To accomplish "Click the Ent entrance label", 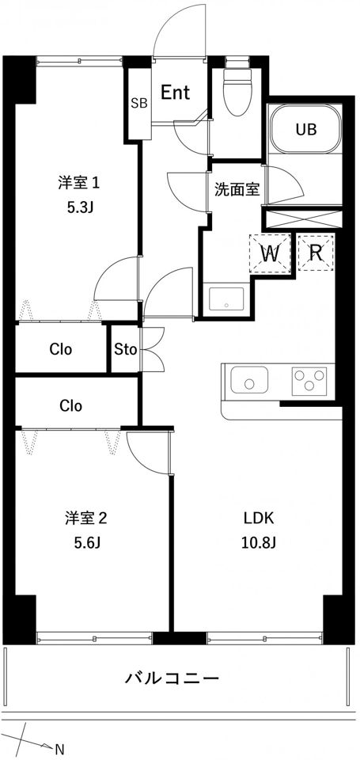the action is pos(175,93).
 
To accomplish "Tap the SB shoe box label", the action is pos(139,103).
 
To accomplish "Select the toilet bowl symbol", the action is pos(237,89).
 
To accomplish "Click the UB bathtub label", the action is pos(306,129).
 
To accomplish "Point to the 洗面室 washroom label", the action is pos(237,189).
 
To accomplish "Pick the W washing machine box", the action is pos(269,253).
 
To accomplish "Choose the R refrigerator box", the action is pos(316,253).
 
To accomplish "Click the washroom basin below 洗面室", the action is pos(226,300).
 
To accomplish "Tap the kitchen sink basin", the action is pos(249,379).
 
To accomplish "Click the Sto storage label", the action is pos(126,349).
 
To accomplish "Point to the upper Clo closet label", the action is pos(61,349).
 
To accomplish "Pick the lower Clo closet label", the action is pos(71,405).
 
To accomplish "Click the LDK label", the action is pos(259,519).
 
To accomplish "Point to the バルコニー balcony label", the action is pos(172,677).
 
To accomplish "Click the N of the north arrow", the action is pos(59,749).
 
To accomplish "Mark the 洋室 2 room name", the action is pos(85,519).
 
